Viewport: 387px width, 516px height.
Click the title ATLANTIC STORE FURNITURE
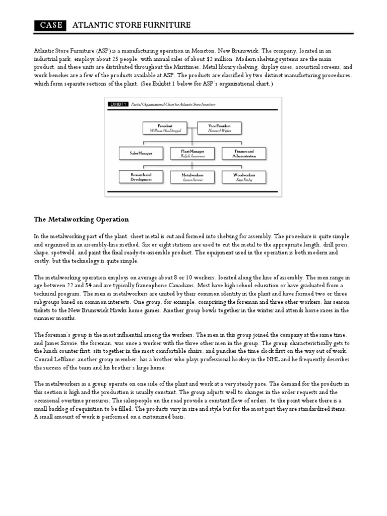tap(132, 25)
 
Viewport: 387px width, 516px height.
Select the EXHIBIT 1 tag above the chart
tap(118, 104)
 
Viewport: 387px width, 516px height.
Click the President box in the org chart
tap(165, 128)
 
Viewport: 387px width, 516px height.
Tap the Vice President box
tap(218, 128)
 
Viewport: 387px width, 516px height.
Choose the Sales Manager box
tap(142, 153)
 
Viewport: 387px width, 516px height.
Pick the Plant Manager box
tap(192, 153)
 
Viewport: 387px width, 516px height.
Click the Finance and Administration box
tap(244, 153)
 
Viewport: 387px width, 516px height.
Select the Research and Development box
tap(142, 177)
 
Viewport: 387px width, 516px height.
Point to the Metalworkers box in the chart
tap(192, 177)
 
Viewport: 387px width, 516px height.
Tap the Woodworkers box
tap(244, 177)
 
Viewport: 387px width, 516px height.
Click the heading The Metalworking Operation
tap(81, 219)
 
